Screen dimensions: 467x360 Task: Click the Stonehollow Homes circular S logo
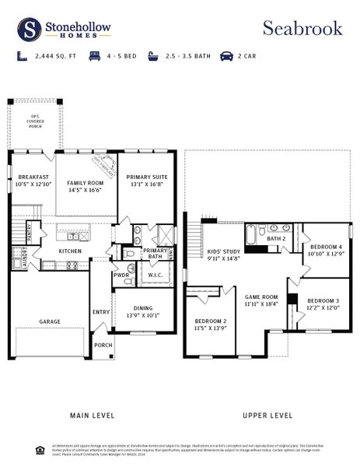click(30, 30)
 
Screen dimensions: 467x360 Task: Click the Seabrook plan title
click(302, 28)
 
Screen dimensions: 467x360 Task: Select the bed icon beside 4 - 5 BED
click(95, 56)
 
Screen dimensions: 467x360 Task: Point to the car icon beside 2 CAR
click(226, 56)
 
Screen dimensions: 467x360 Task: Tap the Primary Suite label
click(146, 177)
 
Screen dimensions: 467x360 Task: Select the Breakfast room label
click(33, 177)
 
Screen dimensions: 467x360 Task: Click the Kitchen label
click(71, 251)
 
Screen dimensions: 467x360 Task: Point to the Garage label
click(51, 321)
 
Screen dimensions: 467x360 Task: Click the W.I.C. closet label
click(155, 275)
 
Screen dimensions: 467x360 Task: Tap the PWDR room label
click(121, 275)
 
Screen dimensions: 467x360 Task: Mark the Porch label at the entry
click(103, 345)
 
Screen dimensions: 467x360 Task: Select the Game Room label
click(261, 297)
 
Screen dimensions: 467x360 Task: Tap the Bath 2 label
click(278, 238)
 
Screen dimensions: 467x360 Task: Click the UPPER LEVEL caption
click(267, 415)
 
